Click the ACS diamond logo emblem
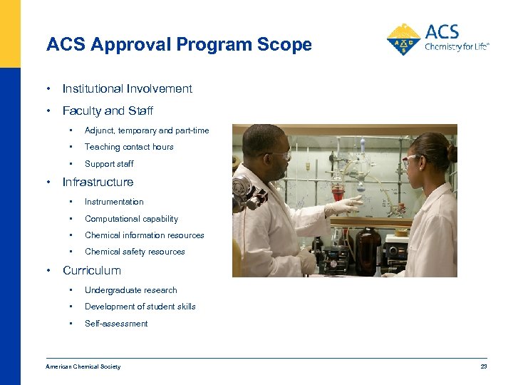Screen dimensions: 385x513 [x=403, y=40]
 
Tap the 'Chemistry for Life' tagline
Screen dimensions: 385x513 [x=457, y=47]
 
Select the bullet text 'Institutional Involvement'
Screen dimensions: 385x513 [x=127, y=89]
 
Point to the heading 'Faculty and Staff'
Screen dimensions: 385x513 [x=108, y=111]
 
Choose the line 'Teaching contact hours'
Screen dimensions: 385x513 [x=129, y=147]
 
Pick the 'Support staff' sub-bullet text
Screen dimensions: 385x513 [x=109, y=164]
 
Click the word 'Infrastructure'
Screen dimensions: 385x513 [x=98, y=182]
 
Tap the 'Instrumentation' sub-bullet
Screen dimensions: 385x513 [x=114, y=202]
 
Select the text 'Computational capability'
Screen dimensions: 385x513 [x=131, y=219]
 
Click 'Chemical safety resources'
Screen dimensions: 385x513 [x=135, y=252]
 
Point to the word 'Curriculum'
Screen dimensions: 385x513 [x=92, y=271]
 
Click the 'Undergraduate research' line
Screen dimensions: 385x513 [x=130, y=290]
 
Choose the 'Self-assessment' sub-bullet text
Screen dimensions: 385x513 [x=116, y=324]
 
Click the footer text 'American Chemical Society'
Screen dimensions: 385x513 [x=83, y=366]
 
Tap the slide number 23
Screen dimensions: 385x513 [x=484, y=366]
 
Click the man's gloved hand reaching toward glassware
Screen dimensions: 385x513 [x=343, y=207]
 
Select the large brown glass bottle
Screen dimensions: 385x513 [x=368, y=250]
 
